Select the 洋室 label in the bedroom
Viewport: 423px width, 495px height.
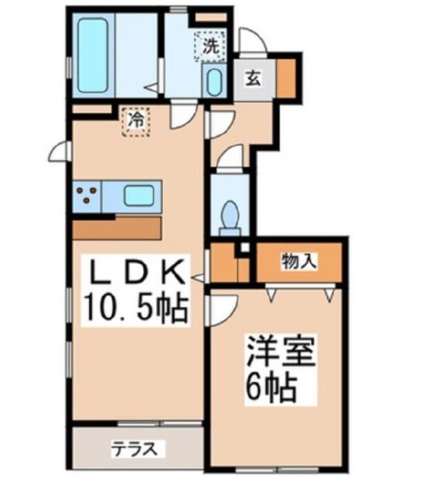[280, 352]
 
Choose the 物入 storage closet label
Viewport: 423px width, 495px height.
[298, 262]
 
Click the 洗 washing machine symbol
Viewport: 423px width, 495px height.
[210, 44]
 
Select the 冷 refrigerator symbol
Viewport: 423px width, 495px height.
[135, 121]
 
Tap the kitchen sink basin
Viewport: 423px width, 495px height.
[140, 196]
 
